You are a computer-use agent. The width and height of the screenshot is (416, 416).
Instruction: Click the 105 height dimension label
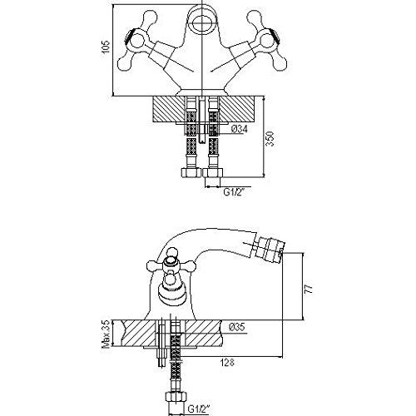point(106,47)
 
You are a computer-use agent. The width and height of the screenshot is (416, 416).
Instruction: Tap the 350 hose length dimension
point(270,138)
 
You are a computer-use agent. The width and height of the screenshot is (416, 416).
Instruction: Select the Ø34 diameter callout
point(240,129)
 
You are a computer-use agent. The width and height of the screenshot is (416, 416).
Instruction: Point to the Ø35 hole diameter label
point(237,327)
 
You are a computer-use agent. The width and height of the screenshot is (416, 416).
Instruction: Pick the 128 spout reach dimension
point(227,363)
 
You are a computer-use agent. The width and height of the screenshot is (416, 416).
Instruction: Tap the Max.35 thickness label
point(106,334)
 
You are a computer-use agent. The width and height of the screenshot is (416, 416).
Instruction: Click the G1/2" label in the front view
point(235,192)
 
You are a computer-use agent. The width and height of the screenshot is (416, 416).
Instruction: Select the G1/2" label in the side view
point(199,409)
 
